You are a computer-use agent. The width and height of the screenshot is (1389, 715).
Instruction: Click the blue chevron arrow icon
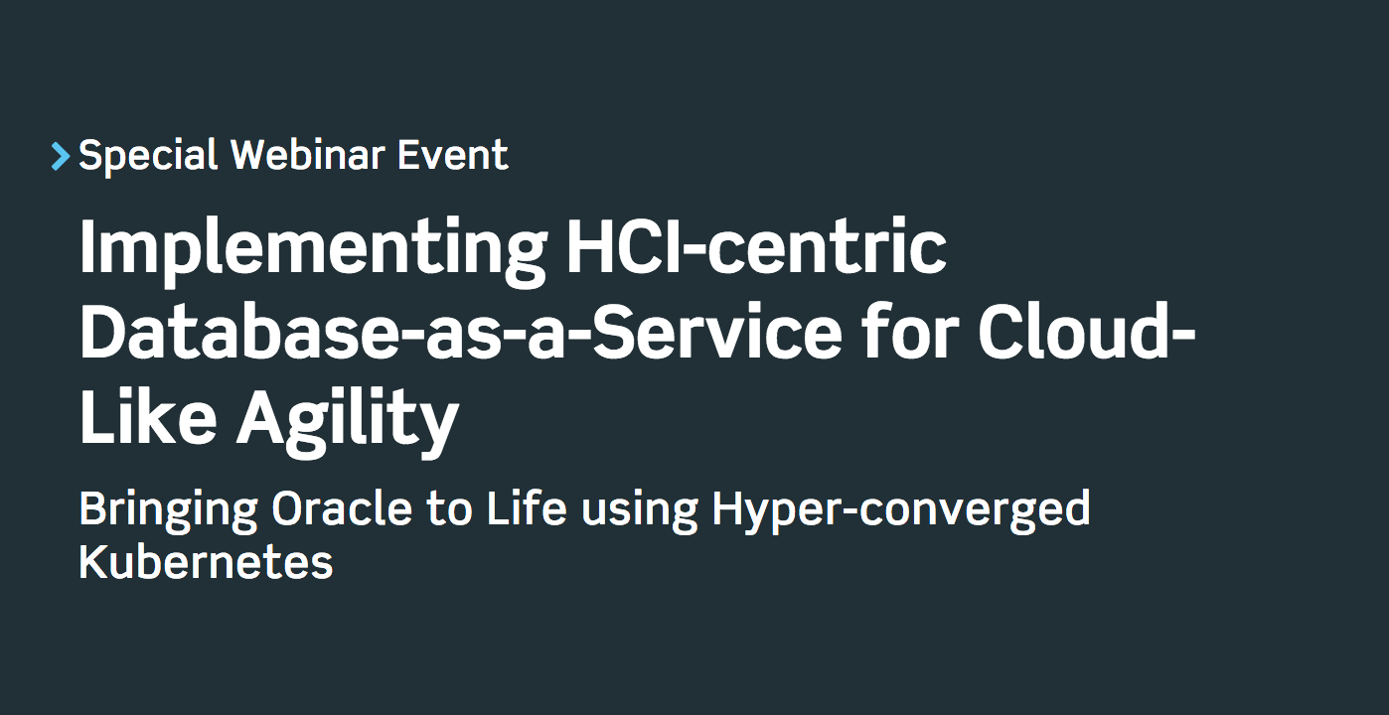61,156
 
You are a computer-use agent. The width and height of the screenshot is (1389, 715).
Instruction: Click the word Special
148,156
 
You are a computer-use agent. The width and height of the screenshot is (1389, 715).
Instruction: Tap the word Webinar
308,155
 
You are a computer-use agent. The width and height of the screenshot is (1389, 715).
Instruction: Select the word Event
453,155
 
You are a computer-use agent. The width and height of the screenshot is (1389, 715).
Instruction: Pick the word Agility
347,419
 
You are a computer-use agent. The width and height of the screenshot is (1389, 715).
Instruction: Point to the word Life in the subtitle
527,508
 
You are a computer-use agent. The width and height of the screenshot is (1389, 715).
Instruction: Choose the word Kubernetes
206,562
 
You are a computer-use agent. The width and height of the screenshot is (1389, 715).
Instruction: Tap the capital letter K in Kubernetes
91,562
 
